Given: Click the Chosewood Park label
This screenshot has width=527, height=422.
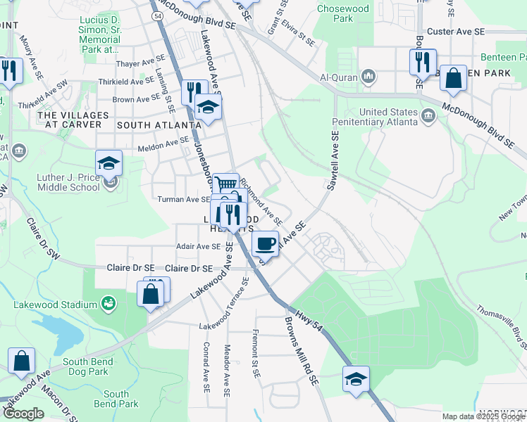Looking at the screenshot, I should pos(343,13).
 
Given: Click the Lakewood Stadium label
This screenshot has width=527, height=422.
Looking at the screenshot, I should pos(55,305).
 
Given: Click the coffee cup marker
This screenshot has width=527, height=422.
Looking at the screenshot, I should pos(265,243).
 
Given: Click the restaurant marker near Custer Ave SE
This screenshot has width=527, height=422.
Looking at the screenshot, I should pos(423,62).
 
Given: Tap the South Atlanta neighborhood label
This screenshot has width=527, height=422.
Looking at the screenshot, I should pos(154,124).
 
